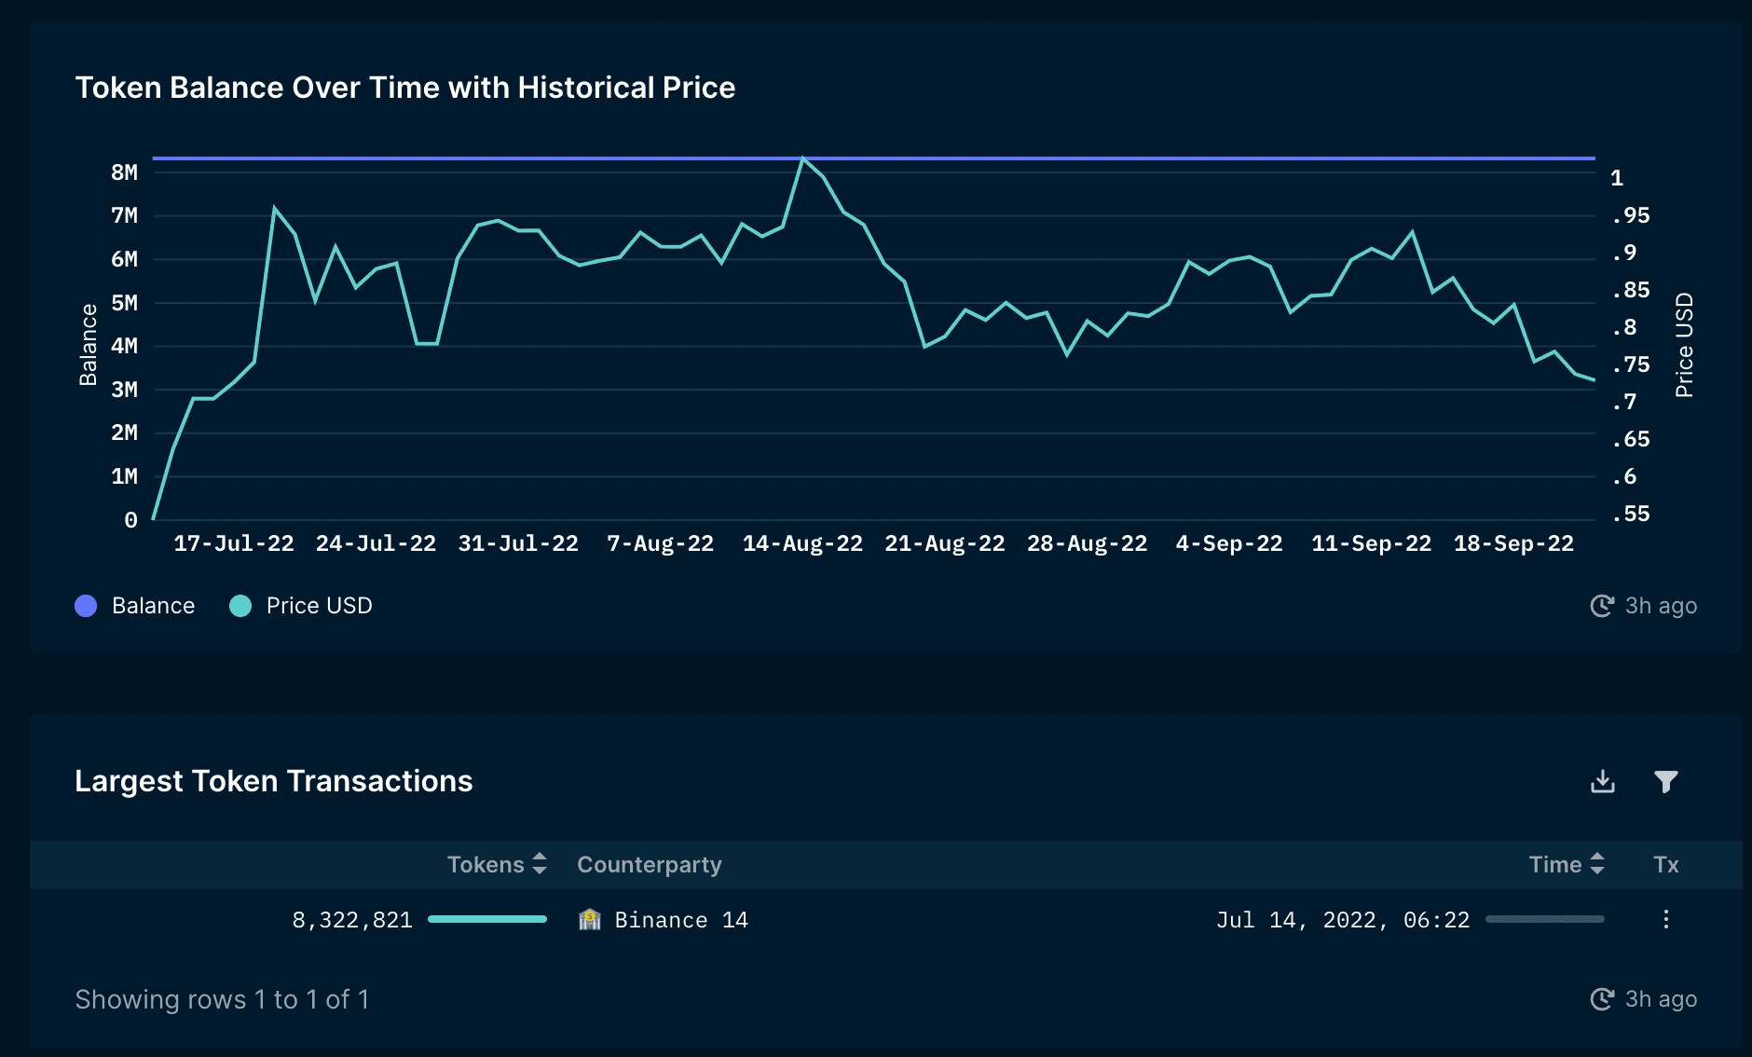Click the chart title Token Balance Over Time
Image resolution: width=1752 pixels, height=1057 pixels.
404,88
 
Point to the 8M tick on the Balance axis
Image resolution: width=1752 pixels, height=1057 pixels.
124,172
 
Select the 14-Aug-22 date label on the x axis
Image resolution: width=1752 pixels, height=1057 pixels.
801,543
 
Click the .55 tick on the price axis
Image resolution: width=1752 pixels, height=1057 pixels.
1630,514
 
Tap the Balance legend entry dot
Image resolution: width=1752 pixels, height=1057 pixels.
86,606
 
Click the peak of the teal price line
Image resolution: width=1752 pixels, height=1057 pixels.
802,158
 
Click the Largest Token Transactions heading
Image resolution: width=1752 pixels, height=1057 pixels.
273,781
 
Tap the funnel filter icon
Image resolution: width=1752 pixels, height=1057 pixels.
1665,781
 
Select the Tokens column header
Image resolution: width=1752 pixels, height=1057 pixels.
486,865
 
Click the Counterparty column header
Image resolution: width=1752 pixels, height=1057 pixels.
649,865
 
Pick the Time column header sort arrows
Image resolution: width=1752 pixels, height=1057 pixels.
1597,864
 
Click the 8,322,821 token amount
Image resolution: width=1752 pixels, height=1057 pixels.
352,920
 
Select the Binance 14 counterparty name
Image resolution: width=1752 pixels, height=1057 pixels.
680,920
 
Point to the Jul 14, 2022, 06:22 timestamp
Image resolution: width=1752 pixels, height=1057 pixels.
1342,920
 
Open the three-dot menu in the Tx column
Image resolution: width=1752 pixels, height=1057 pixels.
1665,920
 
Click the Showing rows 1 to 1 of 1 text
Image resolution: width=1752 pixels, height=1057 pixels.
222,999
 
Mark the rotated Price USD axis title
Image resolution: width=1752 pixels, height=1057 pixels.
1684,345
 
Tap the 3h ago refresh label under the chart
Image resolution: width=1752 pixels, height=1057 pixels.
1660,606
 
